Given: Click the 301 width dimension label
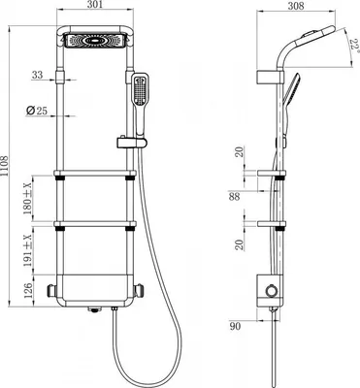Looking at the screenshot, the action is (x=95, y=5).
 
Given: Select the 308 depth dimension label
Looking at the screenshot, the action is (x=296, y=6).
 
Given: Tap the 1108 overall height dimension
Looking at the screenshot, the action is (x=5, y=165).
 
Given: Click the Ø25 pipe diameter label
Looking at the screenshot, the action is (x=36, y=111).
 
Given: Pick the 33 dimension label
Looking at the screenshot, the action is (x=37, y=75).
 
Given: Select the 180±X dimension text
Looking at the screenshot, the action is (x=28, y=198).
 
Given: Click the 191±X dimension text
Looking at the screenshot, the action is (x=28, y=250).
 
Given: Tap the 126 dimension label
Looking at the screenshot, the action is (x=28, y=290).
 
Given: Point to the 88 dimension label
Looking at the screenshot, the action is (x=234, y=196).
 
